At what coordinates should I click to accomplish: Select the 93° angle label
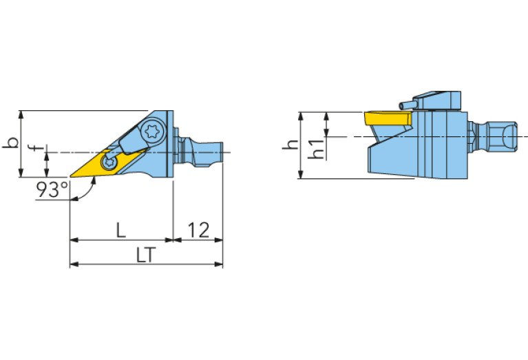pos(52,190)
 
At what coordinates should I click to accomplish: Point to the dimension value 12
pos(198,231)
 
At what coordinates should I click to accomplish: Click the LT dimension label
pos(144,255)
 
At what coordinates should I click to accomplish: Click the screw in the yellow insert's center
pos(108,162)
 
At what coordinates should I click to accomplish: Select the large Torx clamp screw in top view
pos(153,131)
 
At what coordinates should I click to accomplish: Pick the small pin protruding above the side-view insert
pos(406,105)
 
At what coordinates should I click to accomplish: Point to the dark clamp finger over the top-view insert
pos(129,143)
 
